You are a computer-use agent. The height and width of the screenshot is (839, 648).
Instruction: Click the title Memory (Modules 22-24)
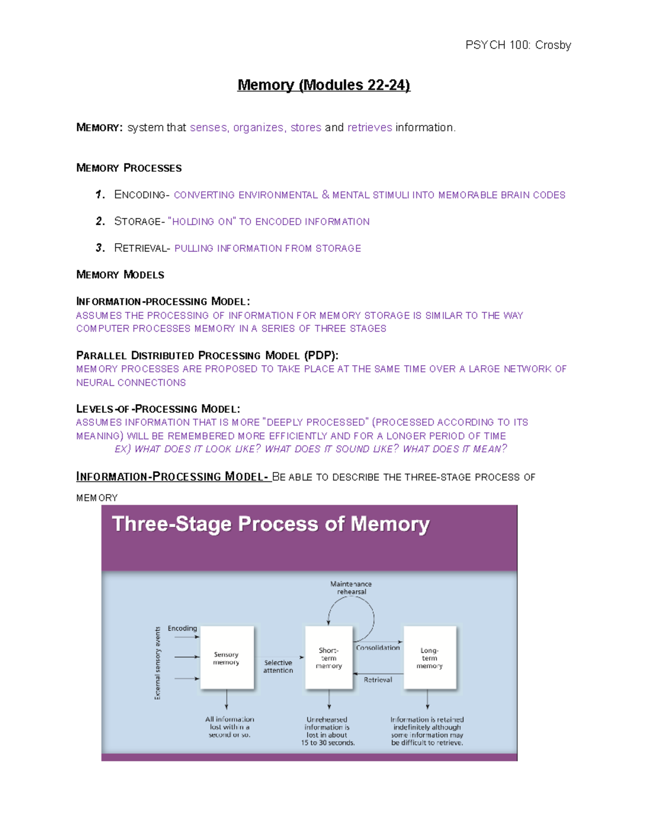click(x=323, y=85)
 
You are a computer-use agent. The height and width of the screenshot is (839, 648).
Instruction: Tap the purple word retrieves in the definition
click(x=369, y=127)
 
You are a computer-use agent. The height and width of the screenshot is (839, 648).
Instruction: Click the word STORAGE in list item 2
click(x=137, y=222)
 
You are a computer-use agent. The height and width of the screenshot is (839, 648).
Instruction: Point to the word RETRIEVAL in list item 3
click(x=139, y=248)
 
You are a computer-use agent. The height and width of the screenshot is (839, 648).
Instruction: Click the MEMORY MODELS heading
click(x=120, y=274)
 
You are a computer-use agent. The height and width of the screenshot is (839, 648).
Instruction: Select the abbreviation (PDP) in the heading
click(x=321, y=355)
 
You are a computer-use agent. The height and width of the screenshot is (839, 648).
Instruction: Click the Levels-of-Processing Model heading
click(x=158, y=409)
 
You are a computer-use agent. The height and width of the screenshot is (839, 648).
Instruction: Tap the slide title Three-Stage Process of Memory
click(x=271, y=524)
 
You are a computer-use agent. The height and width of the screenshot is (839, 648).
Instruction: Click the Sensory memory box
click(x=227, y=657)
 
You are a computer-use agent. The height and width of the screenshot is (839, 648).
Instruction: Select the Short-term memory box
click(x=329, y=657)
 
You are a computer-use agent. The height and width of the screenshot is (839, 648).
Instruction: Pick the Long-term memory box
click(x=430, y=657)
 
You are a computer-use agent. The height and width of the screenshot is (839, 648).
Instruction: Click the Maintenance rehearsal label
click(x=351, y=588)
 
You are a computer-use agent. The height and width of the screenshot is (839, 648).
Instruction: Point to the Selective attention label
click(x=278, y=666)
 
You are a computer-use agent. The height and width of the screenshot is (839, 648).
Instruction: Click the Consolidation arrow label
click(x=377, y=647)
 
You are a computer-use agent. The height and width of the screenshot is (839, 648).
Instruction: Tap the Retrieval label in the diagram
click(x=377, y=680)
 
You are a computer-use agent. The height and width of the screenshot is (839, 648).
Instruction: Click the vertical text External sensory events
click(x=158, y=663)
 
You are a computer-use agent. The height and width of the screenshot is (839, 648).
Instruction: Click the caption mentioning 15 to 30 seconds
click(x=328, y=731)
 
